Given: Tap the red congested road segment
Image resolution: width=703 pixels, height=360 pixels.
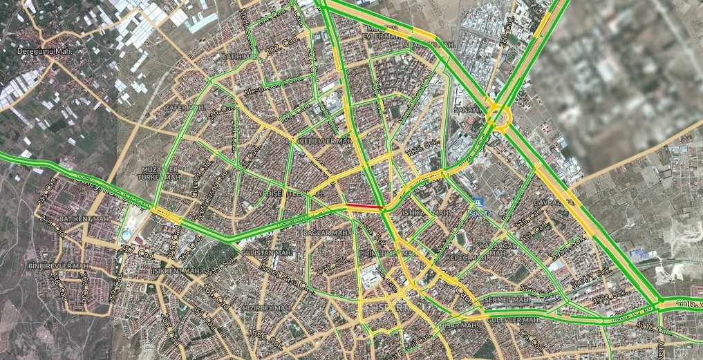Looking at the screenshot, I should coord(364,207).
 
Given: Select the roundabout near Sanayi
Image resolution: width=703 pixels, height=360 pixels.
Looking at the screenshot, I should coord(498,115).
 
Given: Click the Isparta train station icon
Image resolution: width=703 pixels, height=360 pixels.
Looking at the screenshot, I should coord(480,202).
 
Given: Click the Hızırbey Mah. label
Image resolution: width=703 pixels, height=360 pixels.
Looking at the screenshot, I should coord(266,307).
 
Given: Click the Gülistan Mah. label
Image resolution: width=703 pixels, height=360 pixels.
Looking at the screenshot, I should coord(264,254).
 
